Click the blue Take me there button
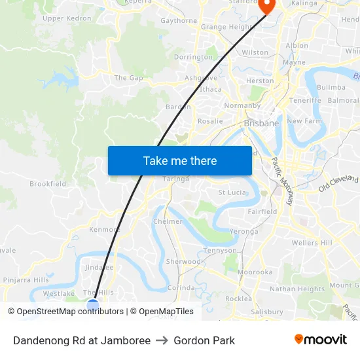[x=179, y=160]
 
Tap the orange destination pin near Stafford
[x=266, y=6]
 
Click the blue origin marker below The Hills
[x=93, y=305]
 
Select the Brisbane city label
[x=261, y=122]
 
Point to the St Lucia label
[x=231, y=192]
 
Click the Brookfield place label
[x=48, y=184]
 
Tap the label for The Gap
[x=128, y=78]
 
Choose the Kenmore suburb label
[x=104, y=230]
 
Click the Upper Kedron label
[x=67, y=18]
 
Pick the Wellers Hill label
[x=312, y=243]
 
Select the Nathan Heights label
[x=297, y=289]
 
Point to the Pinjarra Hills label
[x=26, y=279]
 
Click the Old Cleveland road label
[x=339, y=183]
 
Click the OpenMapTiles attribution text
[x=166, y=312]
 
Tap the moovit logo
[x=321, y=340]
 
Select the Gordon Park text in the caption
[x=204, y=340]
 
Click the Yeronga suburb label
[x=244, y=231]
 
